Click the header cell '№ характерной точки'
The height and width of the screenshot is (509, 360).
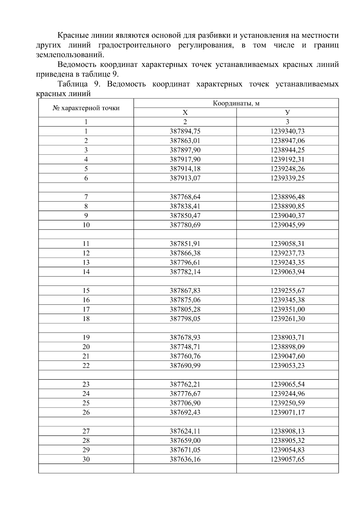click(86, 108)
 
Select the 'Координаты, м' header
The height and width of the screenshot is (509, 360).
click(236, 103)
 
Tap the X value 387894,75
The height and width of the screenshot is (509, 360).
click(185, 131)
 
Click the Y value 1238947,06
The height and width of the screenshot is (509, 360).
click(287, 141)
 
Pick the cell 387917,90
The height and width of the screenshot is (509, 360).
click(185, 159)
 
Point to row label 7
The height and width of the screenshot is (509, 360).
click(86, 197)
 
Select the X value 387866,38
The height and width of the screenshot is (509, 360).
click(185, 253)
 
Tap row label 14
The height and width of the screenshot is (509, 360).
click(86, 272)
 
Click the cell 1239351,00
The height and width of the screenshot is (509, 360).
click(287, 309)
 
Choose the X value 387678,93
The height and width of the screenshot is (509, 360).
click(185, 337)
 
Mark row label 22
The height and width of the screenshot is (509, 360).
click(86, 366)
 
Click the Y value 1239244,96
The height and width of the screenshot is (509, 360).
click(287, 394)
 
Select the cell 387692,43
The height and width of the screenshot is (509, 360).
click(185, 412)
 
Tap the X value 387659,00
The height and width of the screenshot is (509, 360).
click(185, 441)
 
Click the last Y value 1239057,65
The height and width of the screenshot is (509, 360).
click(287, 459)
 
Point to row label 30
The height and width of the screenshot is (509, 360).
click(86, 459)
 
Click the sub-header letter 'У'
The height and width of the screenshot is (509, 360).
click(287, 112)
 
